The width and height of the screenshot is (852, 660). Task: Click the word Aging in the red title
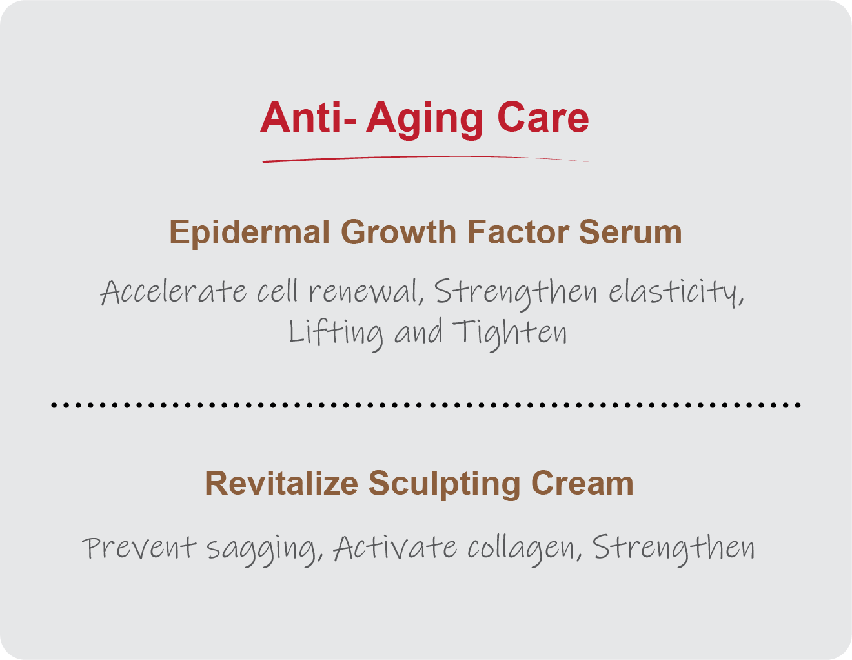point(425,119)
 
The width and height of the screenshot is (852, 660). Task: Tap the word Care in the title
point(543,118)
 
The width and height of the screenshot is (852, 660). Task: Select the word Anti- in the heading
point(308,118)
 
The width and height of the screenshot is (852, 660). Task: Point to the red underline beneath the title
point(425,159)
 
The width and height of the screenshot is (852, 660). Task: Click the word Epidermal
point(249,233)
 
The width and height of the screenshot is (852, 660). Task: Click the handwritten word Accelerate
point(173,292)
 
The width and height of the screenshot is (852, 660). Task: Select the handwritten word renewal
point(367,292)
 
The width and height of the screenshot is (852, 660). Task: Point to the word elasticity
point(676,293)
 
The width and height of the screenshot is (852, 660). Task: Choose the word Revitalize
point(281,483)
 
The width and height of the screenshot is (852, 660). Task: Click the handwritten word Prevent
point(139,548)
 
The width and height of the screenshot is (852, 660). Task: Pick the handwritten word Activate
point(395,548)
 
